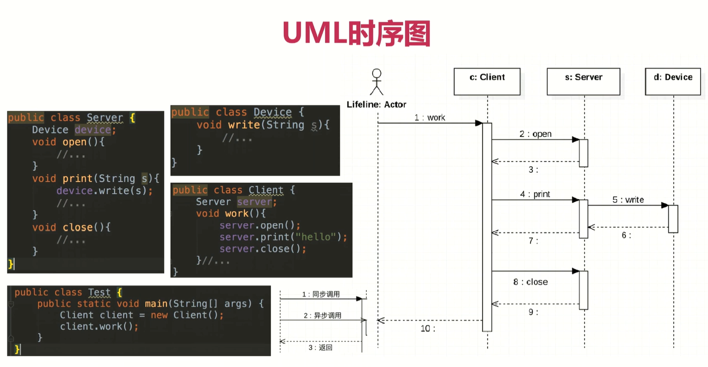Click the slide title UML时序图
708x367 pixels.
356,33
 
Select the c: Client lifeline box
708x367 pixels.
487,81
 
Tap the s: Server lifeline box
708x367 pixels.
583,81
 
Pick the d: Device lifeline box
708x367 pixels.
673,81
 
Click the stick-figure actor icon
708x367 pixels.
376,82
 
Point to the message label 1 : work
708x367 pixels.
430,118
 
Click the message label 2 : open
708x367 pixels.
535,134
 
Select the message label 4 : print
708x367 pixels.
535,194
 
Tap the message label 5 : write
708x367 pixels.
628,200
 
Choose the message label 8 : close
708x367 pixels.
530,282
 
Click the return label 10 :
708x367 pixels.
427,328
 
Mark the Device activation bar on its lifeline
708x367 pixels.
673,219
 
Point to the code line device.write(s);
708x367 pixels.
105,190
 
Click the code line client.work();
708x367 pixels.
99,326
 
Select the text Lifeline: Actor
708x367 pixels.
376,104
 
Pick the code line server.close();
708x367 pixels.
263,249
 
